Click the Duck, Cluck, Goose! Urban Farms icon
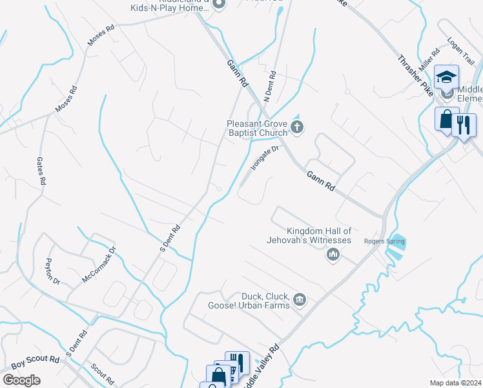[300, 299]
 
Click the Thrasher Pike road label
[413, 76]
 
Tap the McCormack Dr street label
[99, 264]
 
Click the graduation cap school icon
[446, 78]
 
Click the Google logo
[21, 380]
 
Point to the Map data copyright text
[456, 383]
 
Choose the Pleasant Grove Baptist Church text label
[256, 128]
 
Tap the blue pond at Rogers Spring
[396, 244]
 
